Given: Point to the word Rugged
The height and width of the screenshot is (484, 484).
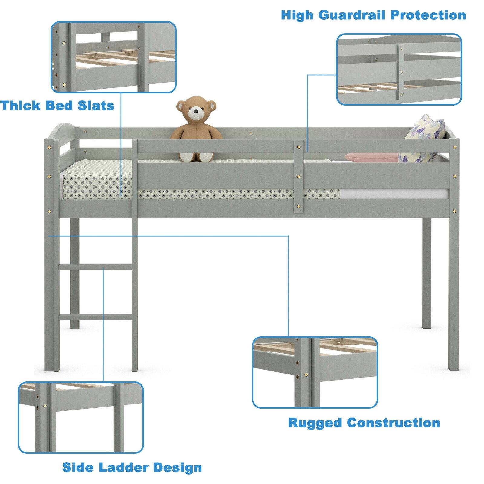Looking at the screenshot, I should [x=315, y=423].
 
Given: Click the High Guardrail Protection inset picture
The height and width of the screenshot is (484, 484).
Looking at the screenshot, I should [x=399, y=69].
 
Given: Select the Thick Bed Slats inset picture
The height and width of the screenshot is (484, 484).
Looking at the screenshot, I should [x=113, y=57].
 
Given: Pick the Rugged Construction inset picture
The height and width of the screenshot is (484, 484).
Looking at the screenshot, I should [x=315, y=372].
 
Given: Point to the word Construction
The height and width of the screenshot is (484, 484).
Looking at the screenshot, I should [x=393, y=423].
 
